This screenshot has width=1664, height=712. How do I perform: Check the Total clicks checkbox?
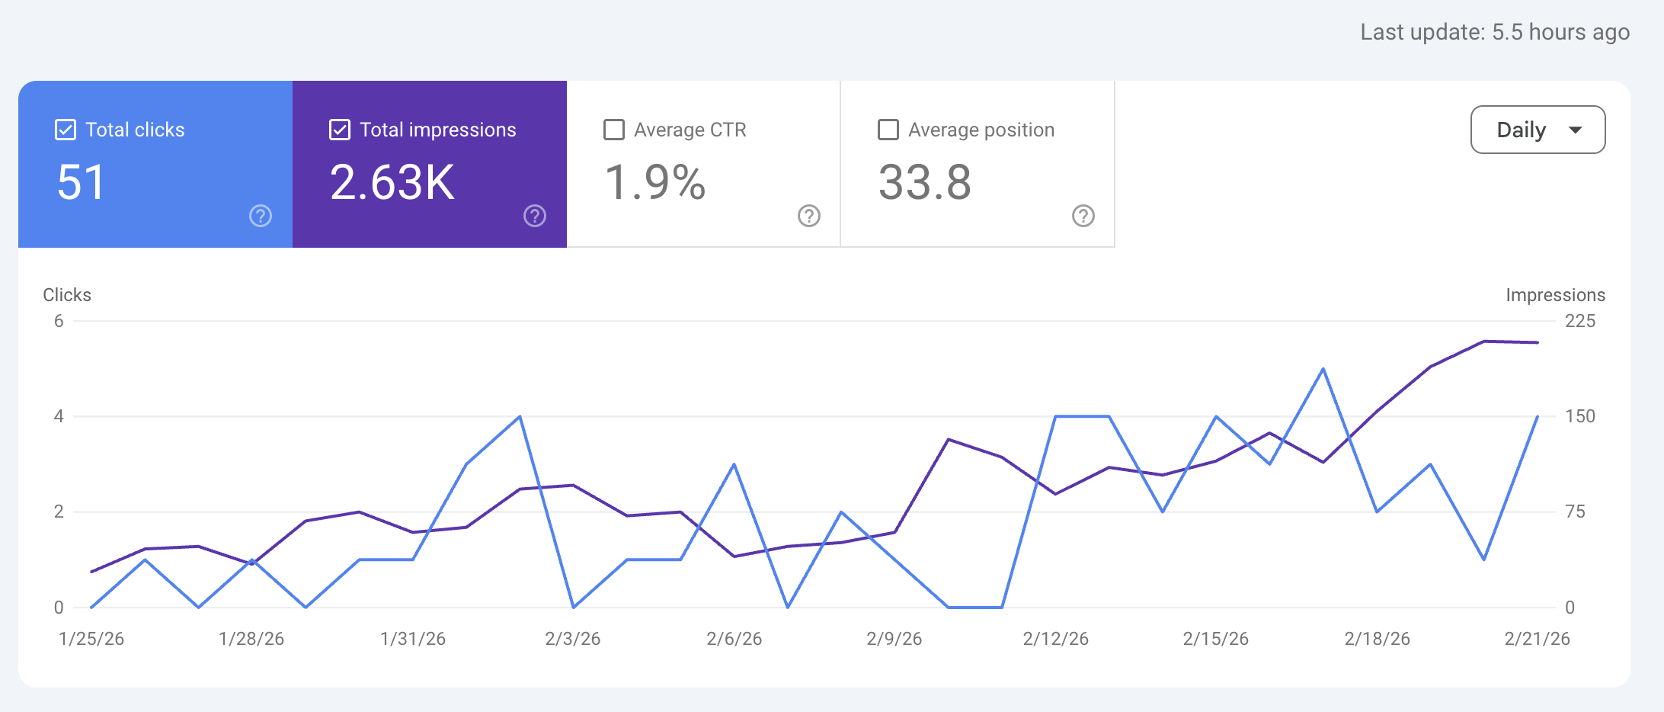(x=66, y=130)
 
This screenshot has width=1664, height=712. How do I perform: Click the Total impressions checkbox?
(x=340, y=130)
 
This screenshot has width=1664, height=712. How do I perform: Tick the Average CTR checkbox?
(x=614, y=130)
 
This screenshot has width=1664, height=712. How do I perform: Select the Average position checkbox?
(x=888, y=130)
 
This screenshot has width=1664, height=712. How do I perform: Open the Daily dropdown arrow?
(x=1576, y=130)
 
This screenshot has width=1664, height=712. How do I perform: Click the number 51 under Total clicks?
(x=81, y=183)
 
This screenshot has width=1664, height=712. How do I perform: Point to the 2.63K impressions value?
(x=392, y=183)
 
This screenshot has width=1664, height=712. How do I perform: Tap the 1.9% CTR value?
(x=655, y=183)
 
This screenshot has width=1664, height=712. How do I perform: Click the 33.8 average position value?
(x=925, y=183)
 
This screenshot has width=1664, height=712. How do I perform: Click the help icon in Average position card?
(x=1083, y=216)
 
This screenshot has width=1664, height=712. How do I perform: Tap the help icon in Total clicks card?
(x=261, y=216)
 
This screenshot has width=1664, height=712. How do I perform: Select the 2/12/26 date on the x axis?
(x=1055, y=639)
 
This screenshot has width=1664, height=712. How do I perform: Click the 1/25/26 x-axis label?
(x=91, y=639)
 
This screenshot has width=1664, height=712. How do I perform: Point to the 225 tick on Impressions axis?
(x=1579, y=321)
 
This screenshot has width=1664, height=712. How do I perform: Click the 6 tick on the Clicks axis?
(x=59, y=321)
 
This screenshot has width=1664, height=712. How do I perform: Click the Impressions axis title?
(x=1555, y=295)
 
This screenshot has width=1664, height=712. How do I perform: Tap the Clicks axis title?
(x=67, y=295)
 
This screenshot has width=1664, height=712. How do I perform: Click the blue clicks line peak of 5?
(x=1323, y=369)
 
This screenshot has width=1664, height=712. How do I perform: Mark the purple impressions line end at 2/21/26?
(x=1538, y=342)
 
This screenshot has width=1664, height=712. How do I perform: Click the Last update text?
(x=1495, y=32)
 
